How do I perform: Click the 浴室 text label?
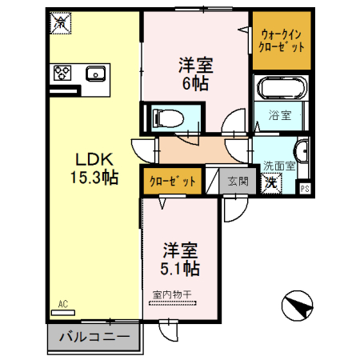(279, 115)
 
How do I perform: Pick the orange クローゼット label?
(172, 182)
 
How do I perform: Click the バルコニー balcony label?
(94, 338)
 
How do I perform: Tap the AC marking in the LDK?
(64, 304)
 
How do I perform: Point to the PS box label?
(304, 189)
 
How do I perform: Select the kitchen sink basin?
(95, 74)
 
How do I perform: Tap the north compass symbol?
(294, 306)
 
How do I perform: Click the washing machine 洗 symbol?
(272, 182)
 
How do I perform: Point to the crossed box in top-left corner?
(59, 24)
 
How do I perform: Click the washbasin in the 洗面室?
(301, 151)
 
